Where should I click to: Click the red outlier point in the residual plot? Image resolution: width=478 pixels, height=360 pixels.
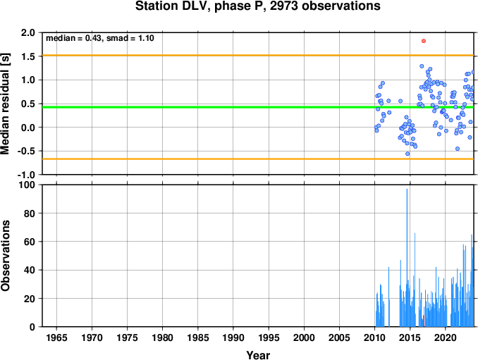pyautogui.click(x=424, y=41)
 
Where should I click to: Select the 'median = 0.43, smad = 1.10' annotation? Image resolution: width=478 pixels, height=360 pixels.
pyautogui.click(x=100, y=38)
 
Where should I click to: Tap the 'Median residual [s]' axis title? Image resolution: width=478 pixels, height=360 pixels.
pyautogui.click(x=5, y=104)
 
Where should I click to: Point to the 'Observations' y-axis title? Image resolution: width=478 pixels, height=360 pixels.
pyautogui.click(x=5, y=256)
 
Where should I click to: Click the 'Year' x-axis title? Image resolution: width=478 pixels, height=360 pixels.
pyautogui.click(x=258, y=355)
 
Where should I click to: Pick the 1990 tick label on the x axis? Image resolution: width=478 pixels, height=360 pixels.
pyautogui.click(x=233, y=337)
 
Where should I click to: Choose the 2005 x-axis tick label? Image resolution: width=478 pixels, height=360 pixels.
pyautogui.click(x=339, y=337)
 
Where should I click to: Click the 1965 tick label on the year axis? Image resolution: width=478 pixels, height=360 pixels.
pyautogui.click(x=56, y=337)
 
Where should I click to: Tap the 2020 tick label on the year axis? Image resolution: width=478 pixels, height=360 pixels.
pyautogui.click(x=446, y=337)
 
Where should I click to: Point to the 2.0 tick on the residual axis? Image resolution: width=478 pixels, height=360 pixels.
pyautogui.click(x=28, y=32)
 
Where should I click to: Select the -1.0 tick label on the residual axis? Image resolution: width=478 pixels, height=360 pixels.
pyautogui.click(x=26, y=175)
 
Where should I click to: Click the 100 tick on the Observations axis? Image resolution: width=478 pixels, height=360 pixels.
pyautogui.click(x=27, y=185)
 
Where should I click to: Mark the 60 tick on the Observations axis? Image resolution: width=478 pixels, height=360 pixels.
pyautogui.click(x=30, y=242)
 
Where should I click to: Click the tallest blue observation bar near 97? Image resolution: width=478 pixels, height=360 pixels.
pyautogui.click(x=407, y=258)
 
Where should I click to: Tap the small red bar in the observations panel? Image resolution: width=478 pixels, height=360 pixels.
pyautogui.click(x=424, y=321)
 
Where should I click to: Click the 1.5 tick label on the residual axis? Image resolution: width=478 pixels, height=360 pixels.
pyautogui.click(x=28, y=56)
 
